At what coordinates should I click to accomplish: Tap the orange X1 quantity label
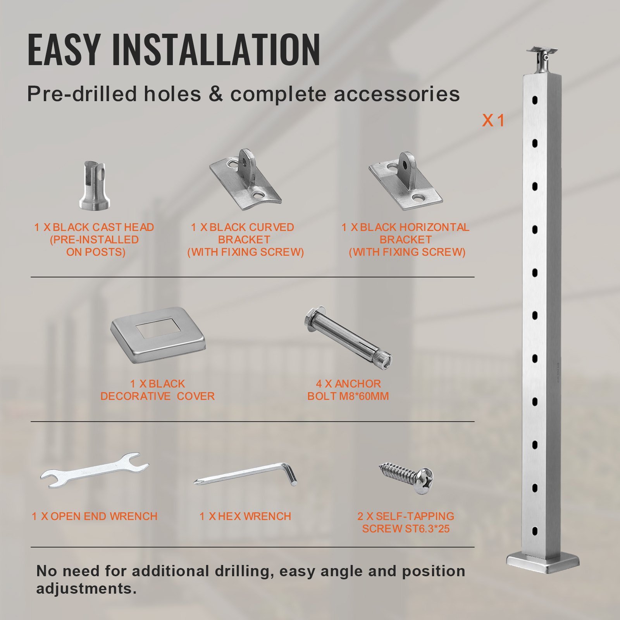pos(493,121)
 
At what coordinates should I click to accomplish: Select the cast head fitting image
pos(95,186)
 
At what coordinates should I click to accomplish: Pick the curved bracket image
pos(245,180)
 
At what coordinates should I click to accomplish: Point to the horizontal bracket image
pos(405,182)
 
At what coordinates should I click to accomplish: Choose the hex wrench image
pos(246,475)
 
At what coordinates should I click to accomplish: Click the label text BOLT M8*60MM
pos(348,396)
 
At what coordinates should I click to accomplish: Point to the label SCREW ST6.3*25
pos(406,529)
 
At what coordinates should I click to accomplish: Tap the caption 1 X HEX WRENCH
pos(245,516)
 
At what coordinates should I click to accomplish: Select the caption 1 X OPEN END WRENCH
pos(94,516)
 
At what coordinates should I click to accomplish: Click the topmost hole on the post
pos(535,100)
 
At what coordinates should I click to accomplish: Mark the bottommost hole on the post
pos(535,531)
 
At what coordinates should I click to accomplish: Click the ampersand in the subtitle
pos(215,94)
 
